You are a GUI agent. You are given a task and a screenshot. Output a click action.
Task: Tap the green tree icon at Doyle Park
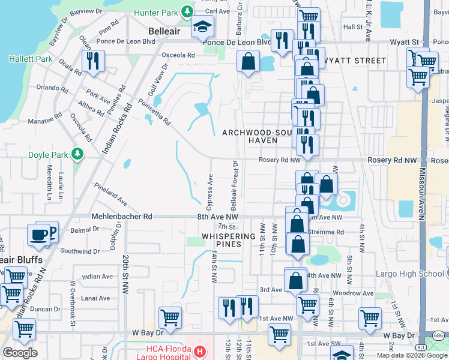pyautogui.click(x=77, y=155)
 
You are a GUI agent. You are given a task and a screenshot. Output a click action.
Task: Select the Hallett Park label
pyautogui.click(x=30, y=59)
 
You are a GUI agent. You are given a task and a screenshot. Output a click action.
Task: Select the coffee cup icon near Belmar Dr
pyautogui.click(x=39, y=235)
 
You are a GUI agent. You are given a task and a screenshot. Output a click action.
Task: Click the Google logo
pyautogui.click(x=20, y=353)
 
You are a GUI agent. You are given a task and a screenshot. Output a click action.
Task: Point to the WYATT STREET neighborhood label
pyautogui.click(x=354, y=61)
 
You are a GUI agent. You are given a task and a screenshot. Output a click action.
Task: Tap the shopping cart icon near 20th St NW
pyautogui.click(x=170, y=317)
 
